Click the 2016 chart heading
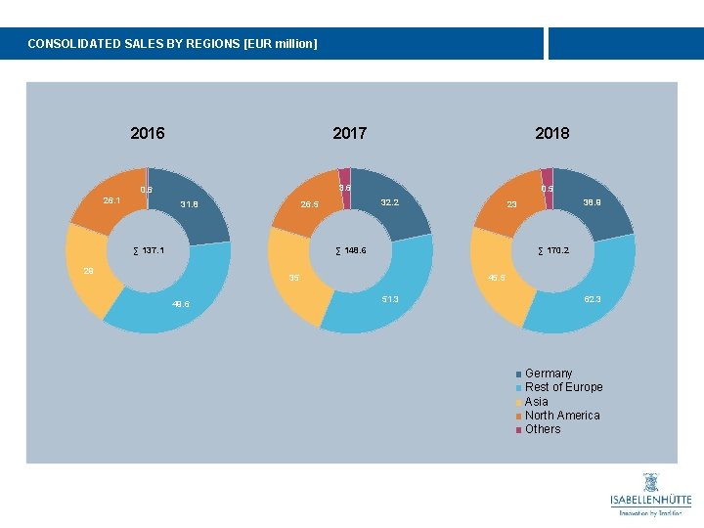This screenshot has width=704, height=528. tap(148, 133)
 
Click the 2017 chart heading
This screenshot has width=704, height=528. tap(350, 133)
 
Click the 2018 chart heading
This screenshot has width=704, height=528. tap(551, 133)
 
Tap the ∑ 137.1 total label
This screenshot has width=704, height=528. tap(148, 251)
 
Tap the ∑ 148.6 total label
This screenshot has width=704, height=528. tap(350, 251)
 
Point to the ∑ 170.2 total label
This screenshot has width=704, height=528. tap(553, 251)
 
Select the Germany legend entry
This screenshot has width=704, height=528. tap(548, 374)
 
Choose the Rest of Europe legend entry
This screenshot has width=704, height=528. tap(563, 387)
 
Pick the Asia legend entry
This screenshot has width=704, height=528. tap(536, 402)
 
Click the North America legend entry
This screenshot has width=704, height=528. tap(562, 416)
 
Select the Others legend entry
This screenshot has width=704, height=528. tap(543, 429)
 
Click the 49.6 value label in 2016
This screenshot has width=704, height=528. tap(181, 304)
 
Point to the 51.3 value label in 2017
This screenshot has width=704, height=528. tap(391, 299)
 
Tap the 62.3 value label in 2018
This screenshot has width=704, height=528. tap(593, 299)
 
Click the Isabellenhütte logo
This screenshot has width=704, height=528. tap(650, 495)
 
